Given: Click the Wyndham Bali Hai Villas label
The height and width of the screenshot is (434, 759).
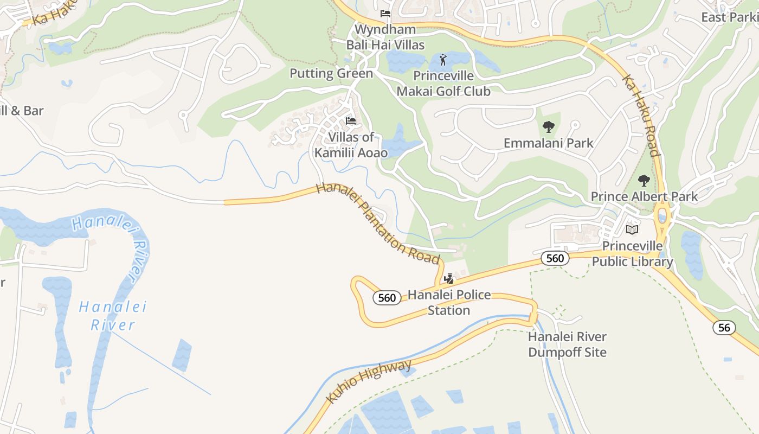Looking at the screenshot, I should pyautogui.click(x=385, y=37).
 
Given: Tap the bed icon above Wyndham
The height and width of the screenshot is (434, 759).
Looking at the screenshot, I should pyautogui.click(x=385, y=14).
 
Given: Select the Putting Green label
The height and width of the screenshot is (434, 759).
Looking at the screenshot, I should pyautogui.click(x=331, y=73).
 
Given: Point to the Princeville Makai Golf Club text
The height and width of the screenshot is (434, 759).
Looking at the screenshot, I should pyautogui.click(x=443, y=83).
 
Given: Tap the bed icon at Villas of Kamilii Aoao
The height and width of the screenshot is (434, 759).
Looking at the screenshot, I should pyautogui.click(x=351, y=120).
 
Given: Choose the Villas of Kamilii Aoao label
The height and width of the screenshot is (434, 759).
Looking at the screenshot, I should pyautogui.click(x=351, y=145).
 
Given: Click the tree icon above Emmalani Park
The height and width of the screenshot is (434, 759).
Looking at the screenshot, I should pyautogui.click(x=548, y=127).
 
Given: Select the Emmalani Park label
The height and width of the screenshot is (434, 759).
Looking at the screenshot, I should pyautogui.click(x=548, y=143).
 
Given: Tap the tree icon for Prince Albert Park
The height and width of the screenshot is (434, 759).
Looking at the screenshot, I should pyautogui.click(x=644, y=181).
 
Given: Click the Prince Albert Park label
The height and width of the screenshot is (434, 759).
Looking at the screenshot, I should pyautogui.click(x=644, y=196).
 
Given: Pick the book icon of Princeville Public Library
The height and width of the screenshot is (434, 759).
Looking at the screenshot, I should pyautogui.click(x=632, y=229).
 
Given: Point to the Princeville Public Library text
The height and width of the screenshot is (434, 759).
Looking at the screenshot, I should pyautogui.click(x=632, y=254).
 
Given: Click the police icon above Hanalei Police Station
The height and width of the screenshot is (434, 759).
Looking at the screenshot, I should pyautogui.click(x=448, y=279).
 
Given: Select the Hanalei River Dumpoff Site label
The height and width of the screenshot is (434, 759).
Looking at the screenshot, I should pyautogui.click(x=567, y=344).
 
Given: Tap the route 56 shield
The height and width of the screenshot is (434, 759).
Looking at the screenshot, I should pyautogui.click(x=724, y=327).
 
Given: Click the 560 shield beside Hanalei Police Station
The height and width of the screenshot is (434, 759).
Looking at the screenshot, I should pyautogui.click(x=387, y=298).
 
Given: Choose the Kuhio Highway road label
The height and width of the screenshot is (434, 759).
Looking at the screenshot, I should pyautogui.click(x=369, y=381).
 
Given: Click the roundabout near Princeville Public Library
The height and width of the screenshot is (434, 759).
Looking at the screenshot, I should pyautogui.click(x=662, y=216).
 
